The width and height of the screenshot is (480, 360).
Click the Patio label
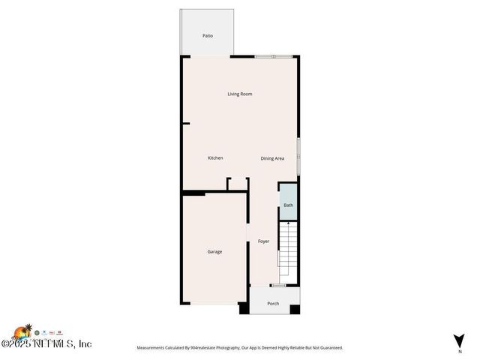pyautogui.click(x=208, y=35)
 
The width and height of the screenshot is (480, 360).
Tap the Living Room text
pyautogui.click(x=240, y=94)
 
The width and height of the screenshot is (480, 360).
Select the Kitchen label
pyautogui.click(x=215, y=157)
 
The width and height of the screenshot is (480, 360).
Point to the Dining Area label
pyautogui.click(x=272, y=158)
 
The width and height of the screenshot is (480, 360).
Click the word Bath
pyautogui.click(x=288, y=205)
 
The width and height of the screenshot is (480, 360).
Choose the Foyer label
pyautogui.click(x=263, y=241)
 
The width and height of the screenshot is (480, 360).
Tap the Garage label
pyautogui.click(x=214, y=251)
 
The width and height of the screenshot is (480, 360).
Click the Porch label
pyautogui.click(x=273, y=304)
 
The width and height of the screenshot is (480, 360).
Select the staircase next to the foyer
pyautogui.click(x=288, y=247)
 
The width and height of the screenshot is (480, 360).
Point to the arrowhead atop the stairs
pyautogui.click(x=288, y=223)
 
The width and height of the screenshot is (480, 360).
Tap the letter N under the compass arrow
pyautogui.click(x=459, y=350)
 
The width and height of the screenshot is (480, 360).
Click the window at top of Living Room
pyautogui.click(x=273, y=56)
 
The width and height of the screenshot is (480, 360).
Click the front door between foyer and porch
pyautogui.click(x=277, y=285)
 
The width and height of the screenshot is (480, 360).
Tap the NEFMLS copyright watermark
pyautogui.click(x=46, y=344)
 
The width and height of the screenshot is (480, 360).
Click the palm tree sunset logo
pyautogui.click(x=22, y=332)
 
